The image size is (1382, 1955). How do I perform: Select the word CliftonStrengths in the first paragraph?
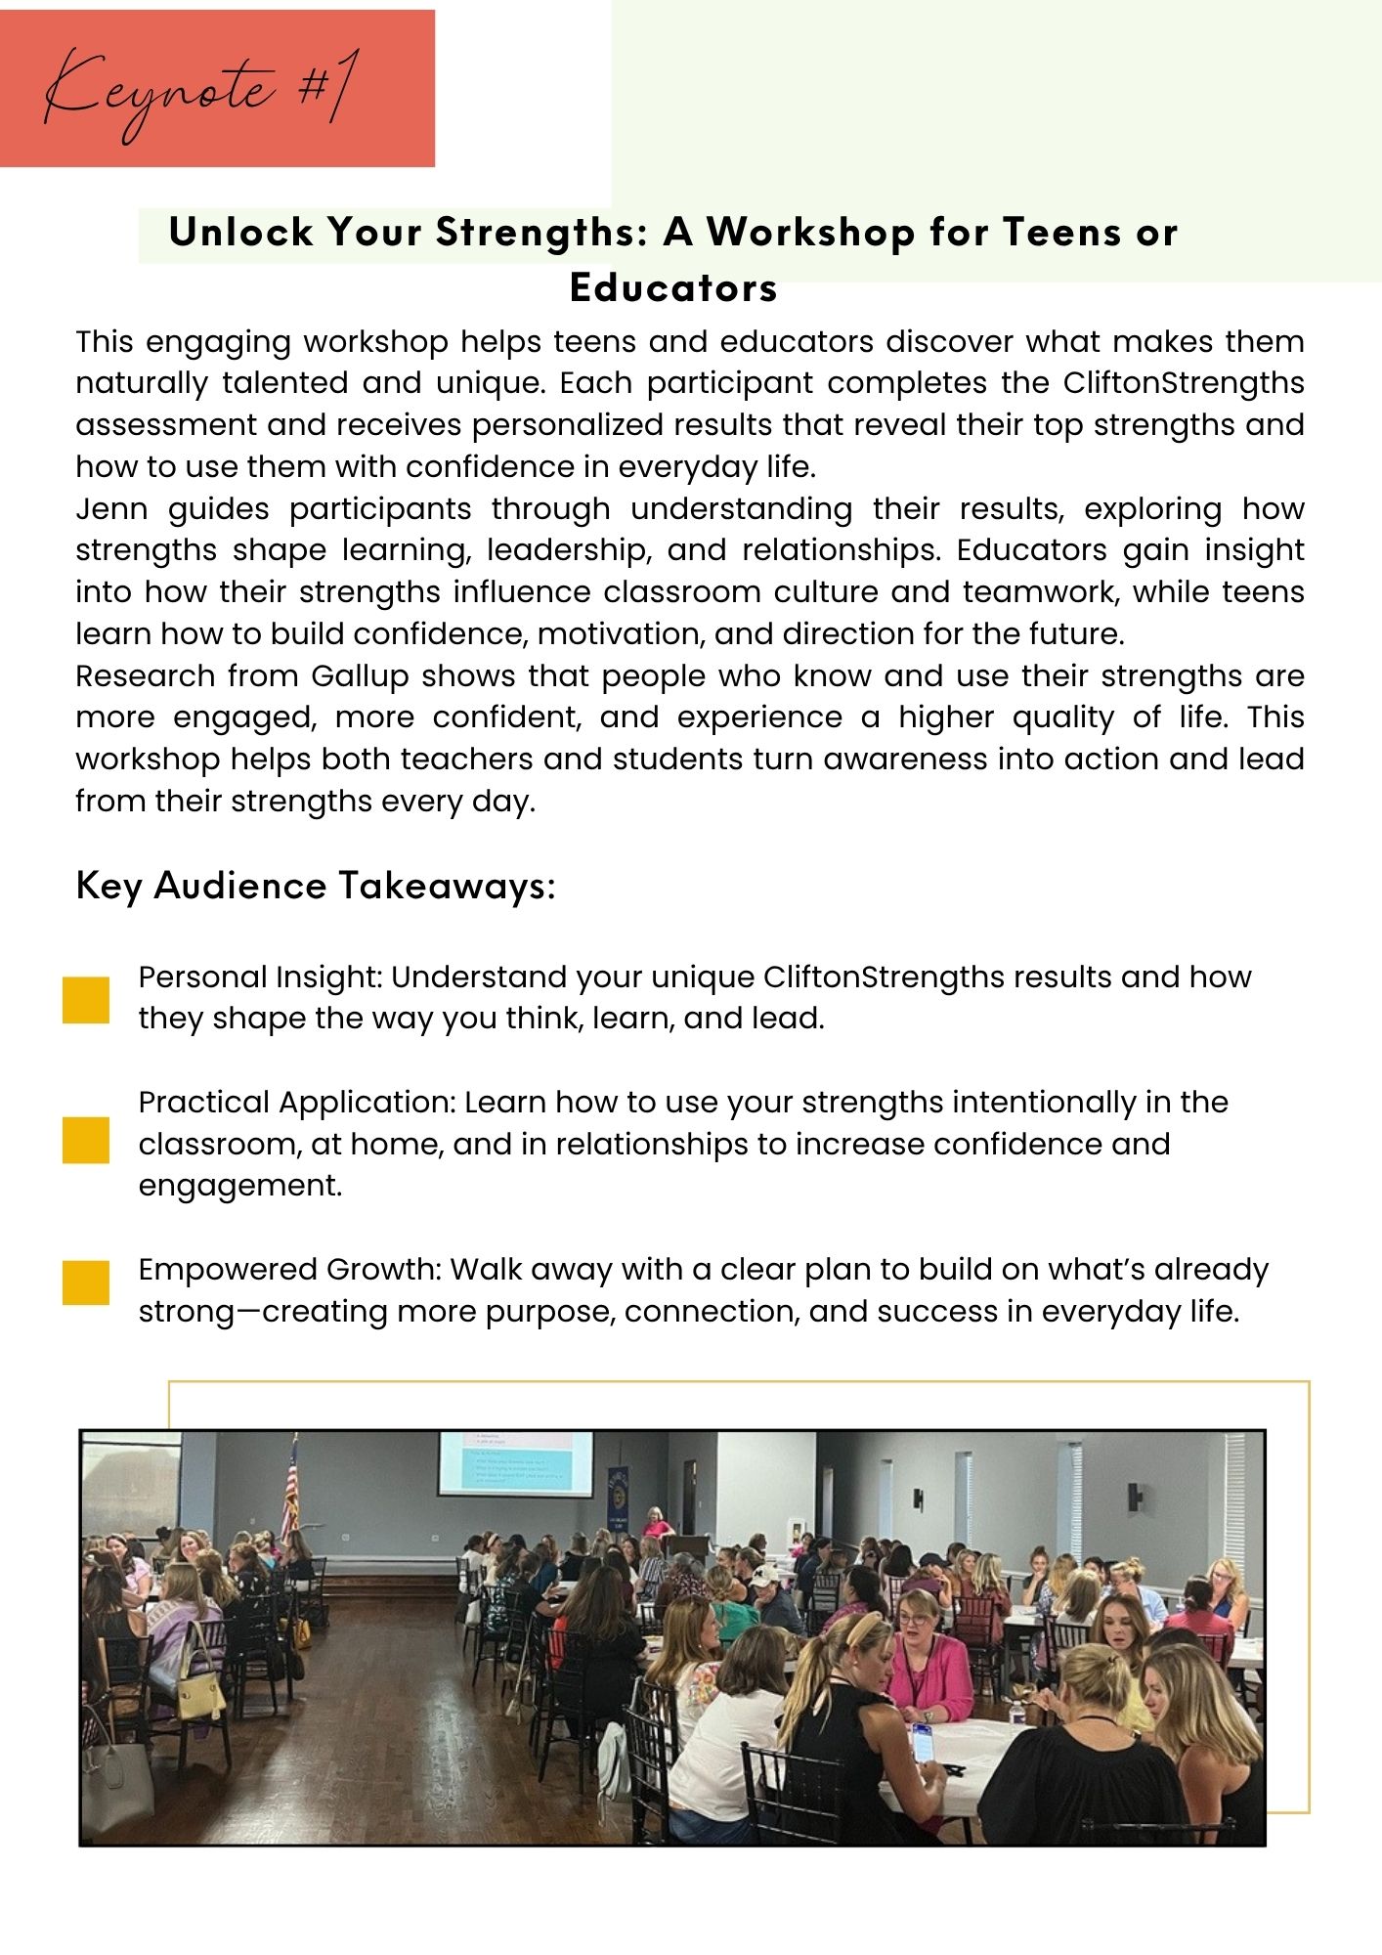[1183, 383]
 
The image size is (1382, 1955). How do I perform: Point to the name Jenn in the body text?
[111, 509]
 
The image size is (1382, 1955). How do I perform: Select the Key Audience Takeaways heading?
[316, 886]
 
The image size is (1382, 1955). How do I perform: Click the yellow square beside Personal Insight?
[86, 999]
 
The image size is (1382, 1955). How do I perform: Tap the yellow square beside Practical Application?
[86, 1140]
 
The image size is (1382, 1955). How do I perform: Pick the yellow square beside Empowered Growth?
[86, 1282]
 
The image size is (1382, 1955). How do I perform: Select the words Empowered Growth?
[290, 1270]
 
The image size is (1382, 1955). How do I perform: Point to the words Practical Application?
[297, 1103]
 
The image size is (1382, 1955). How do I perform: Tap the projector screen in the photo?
[515, 1463]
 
